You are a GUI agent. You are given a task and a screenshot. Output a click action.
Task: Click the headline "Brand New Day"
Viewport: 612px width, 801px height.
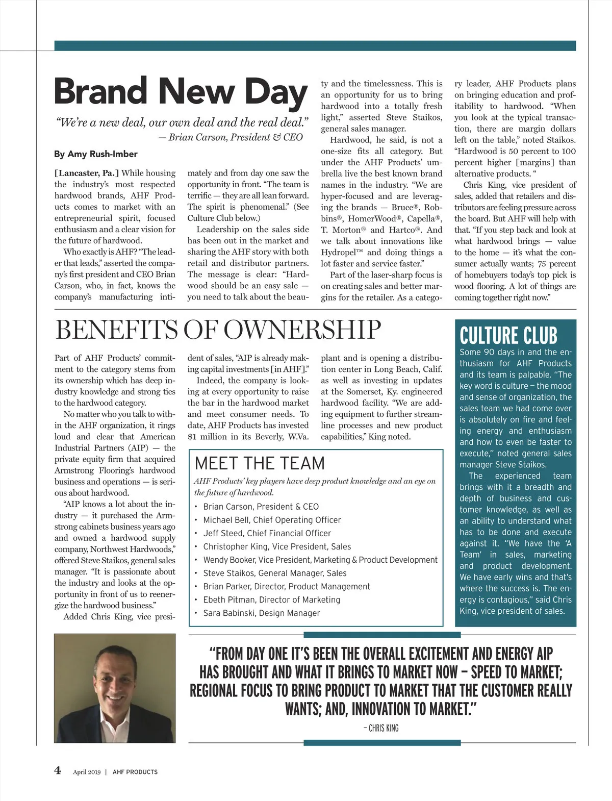click(181, 92)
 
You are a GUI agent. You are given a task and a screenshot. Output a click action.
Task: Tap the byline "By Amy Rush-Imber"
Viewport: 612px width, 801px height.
click(95, 154)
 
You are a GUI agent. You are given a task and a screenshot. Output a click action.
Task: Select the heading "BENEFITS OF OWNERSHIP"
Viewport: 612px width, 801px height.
click(218, 330)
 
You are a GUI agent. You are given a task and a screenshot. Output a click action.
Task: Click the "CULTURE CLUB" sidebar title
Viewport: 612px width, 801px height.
click(508, 336)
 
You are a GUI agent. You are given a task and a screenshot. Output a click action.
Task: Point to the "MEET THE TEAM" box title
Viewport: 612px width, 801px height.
click(260, 463)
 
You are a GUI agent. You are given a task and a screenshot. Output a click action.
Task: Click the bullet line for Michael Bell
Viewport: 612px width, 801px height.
click(272, 520)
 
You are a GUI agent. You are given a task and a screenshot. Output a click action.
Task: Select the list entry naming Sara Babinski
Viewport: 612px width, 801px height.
click(261, 613)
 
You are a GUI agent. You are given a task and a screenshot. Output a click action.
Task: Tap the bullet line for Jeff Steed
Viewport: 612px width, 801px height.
click(267, 533)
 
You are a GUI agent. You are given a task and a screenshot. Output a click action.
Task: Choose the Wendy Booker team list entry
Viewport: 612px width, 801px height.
click(320, 560)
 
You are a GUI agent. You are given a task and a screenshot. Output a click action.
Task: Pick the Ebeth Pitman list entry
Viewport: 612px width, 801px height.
click(271, 599)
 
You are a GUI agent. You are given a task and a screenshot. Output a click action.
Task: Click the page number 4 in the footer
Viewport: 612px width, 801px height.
click(58, 770)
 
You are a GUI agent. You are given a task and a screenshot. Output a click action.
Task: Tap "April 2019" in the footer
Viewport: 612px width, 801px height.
click(87, 772)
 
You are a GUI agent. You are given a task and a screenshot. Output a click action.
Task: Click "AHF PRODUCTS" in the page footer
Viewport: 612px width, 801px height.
click(135, 772)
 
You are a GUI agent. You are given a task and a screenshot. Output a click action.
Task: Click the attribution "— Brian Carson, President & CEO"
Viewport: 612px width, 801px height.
click(231, 137)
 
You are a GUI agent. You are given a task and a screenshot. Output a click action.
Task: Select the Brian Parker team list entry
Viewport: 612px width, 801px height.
click(287, 586)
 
